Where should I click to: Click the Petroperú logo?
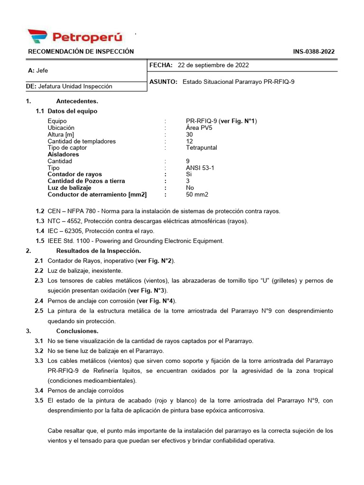[75, 36]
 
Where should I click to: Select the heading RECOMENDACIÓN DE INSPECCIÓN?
[81, 52]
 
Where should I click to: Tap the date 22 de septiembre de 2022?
[213, 65]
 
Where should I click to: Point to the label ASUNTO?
[163, 81]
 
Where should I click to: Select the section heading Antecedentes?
[77, 101]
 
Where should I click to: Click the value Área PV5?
[199, 128]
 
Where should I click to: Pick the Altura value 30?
[190, 135]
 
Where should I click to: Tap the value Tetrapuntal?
[201, 148]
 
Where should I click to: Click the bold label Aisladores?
[63, 154]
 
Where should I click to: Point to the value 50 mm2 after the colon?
[197, 194]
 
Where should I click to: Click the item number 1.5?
[39, 241]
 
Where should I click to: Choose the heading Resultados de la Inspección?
[98, 251]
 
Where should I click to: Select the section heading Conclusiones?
[77, 331]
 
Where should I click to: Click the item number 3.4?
[39, 391]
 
